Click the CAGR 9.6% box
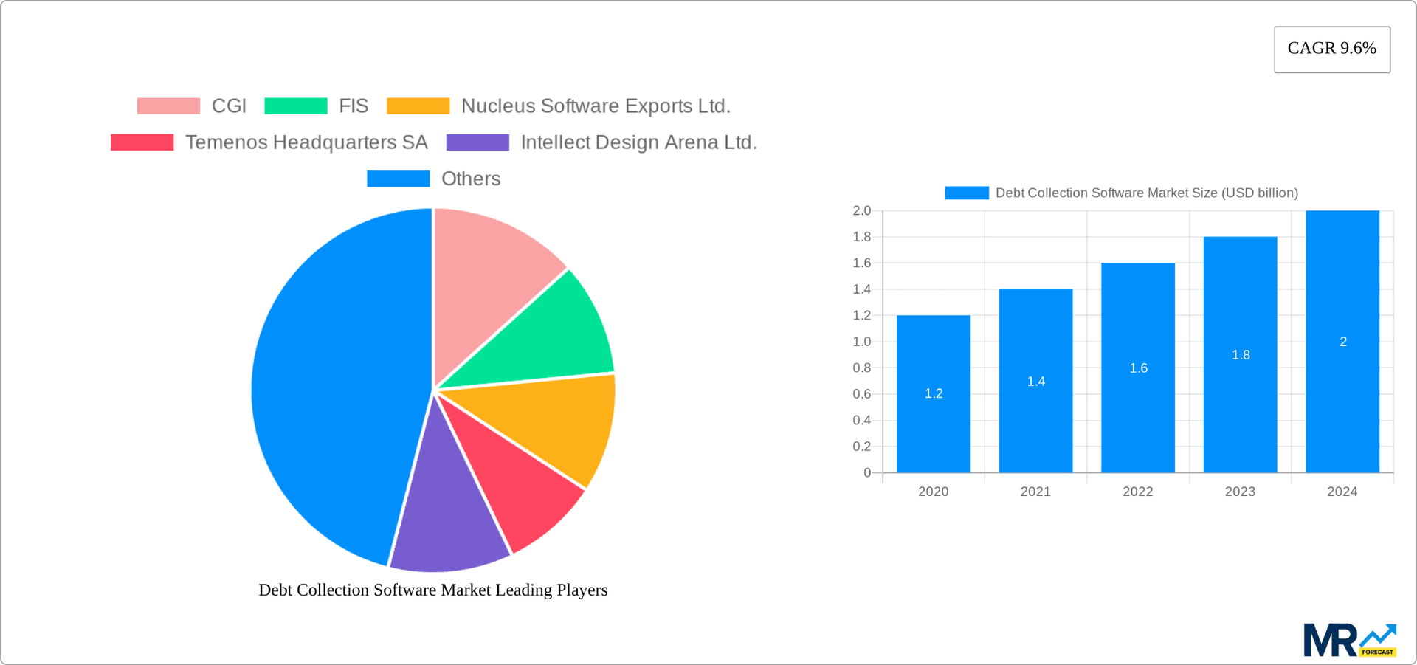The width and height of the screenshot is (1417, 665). [1331, 49]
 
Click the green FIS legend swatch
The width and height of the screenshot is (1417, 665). [295, 106]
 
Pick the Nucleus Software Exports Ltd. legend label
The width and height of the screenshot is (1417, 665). [595, 106]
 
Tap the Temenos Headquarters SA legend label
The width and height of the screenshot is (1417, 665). [306, 142]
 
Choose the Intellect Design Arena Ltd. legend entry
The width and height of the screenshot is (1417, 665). [638, 142]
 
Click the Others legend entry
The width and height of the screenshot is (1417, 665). [470, 179]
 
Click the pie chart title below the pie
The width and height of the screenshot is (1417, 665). [433, 590]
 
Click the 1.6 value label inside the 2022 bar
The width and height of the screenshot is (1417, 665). [1138, 368]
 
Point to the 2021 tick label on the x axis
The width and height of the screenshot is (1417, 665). [1035, 492]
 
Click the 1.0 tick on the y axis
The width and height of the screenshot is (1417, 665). [862, 342]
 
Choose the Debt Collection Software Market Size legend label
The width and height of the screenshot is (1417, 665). [1146, 193]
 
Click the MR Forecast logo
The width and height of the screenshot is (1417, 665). [1349, 640]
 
